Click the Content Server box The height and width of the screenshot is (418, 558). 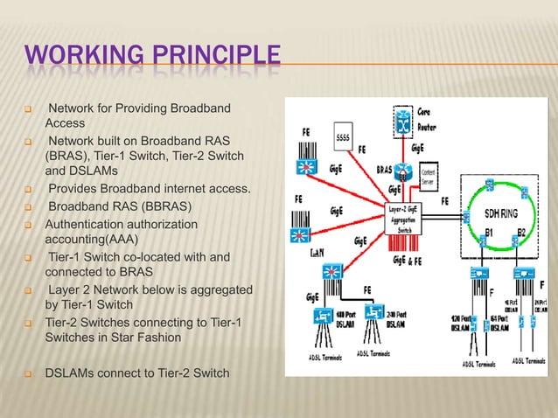(x=429, y=178)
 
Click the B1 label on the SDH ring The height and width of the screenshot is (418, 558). (x=491, y=233)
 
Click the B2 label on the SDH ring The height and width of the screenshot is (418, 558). (x=521, y=233)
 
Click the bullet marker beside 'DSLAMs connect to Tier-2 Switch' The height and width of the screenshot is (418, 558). (x=29, y=374)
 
